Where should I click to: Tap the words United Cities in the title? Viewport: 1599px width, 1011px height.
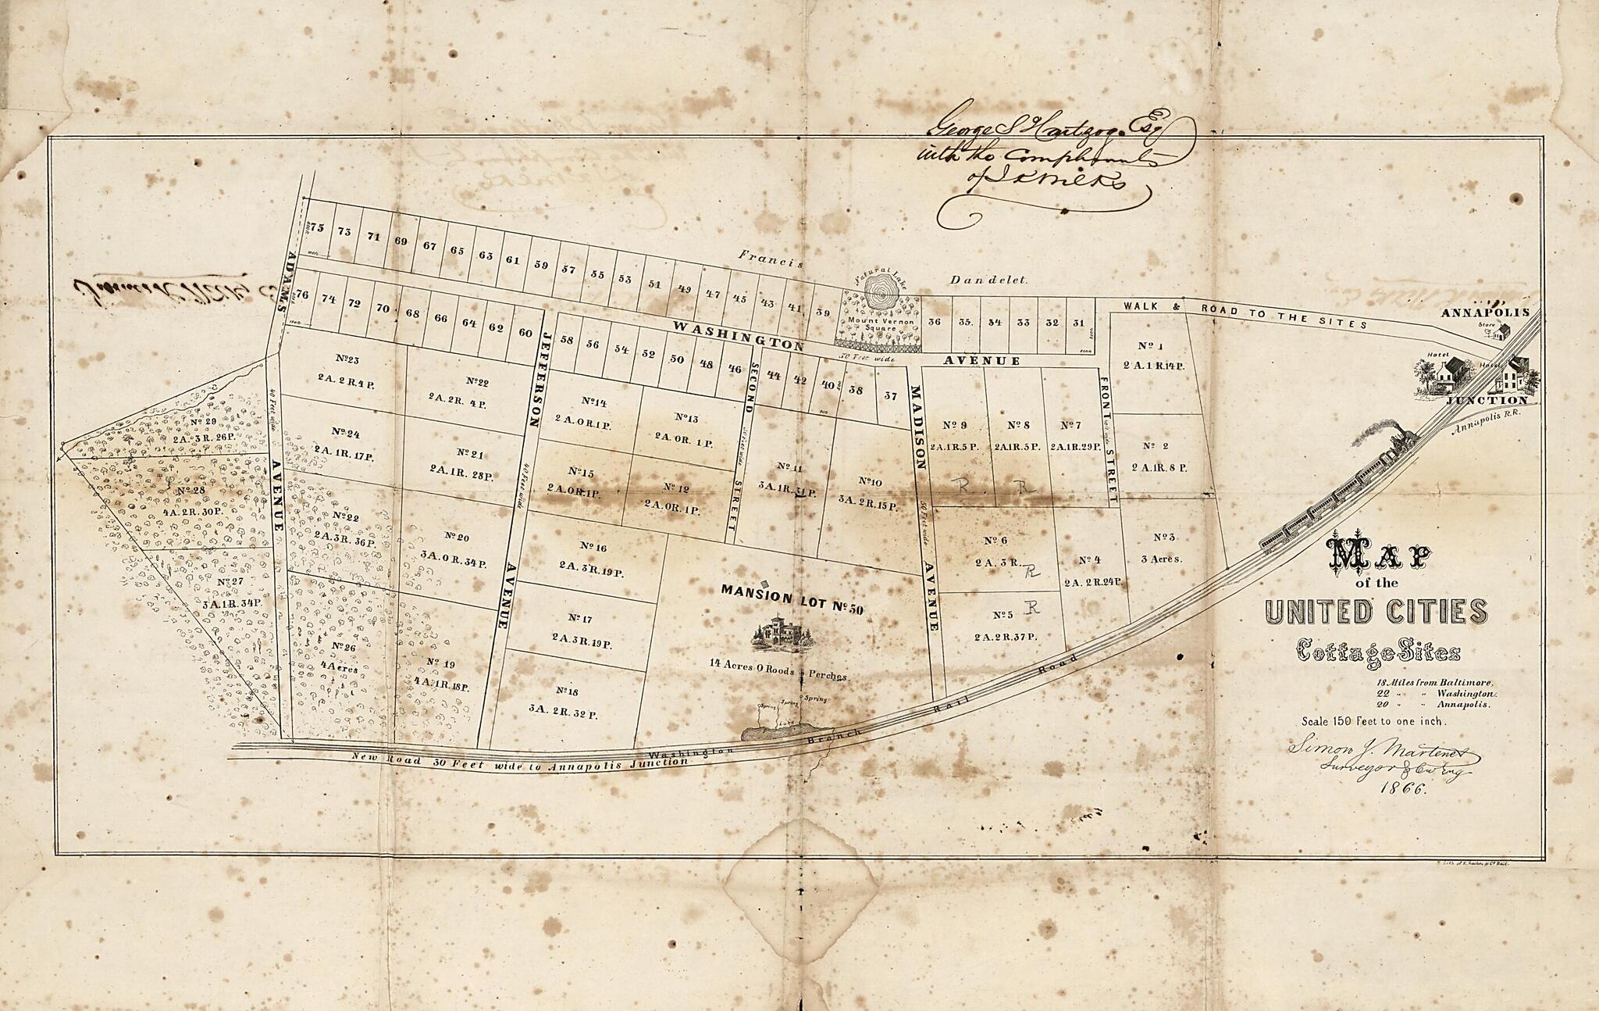coord(1375,612)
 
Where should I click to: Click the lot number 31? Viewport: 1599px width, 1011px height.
coord(1079,323)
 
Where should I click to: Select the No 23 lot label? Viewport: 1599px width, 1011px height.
coord(347,359)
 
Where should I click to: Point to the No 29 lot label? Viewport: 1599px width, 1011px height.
coord(204,422)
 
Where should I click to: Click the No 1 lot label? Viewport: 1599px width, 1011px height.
coord(1151,346)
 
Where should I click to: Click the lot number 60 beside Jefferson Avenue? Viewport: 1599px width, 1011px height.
coord(525,333)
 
